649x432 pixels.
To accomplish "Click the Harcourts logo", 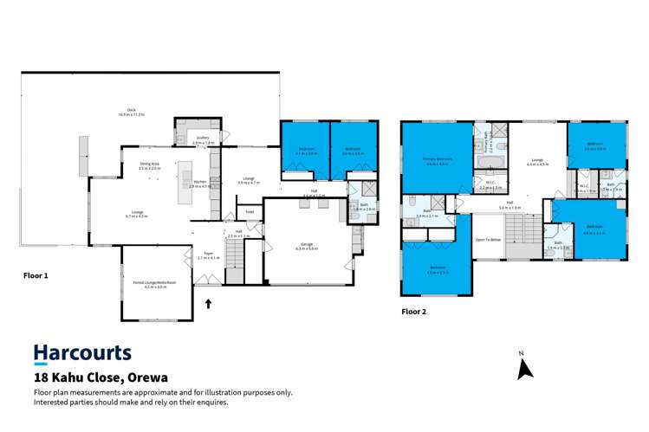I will pyautogui.click(x=82, y=352).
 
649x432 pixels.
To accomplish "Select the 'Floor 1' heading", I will pyautogui.click(x=36, y=274).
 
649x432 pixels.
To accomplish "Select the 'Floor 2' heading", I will pyautogui.click(x=414, y=310).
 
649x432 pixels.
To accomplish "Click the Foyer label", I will pyautogui.click(x=208, y=255).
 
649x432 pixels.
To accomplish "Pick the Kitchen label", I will pyautogui.click(x=200, y=183).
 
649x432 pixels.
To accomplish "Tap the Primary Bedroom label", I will pyautogui.click(x=437, y=160).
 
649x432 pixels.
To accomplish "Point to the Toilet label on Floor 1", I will pyautogui.click(x=250, y=211).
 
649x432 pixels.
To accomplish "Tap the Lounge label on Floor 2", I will pyautogui.click(x=537, y=161).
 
